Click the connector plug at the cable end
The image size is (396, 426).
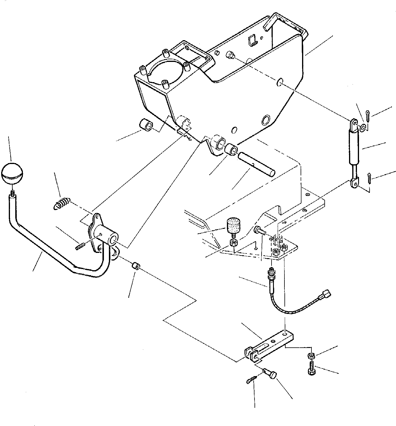[326, 293]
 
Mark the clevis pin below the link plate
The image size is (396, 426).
[270, 373]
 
